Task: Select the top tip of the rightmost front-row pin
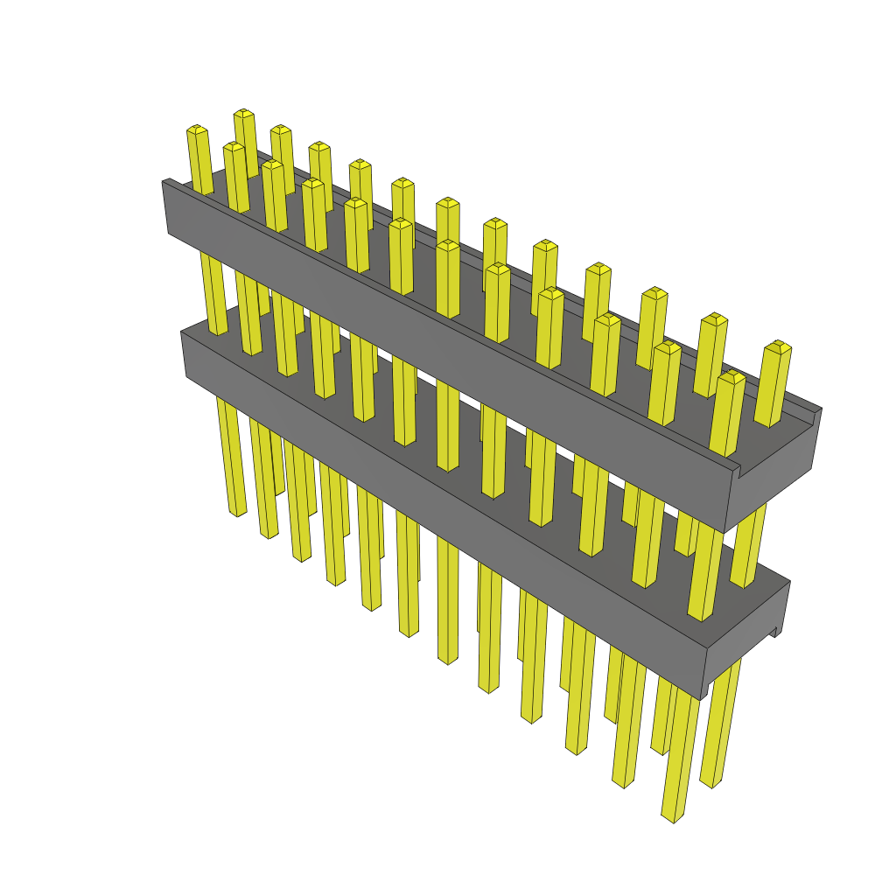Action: (x=731, y=376)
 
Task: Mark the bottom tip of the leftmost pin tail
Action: (x=237, y=513)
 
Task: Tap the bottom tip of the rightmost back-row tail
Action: (x=710, y=782)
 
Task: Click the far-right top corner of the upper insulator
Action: (x=821, y=409)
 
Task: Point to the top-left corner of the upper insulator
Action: (x=164, y=181)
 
